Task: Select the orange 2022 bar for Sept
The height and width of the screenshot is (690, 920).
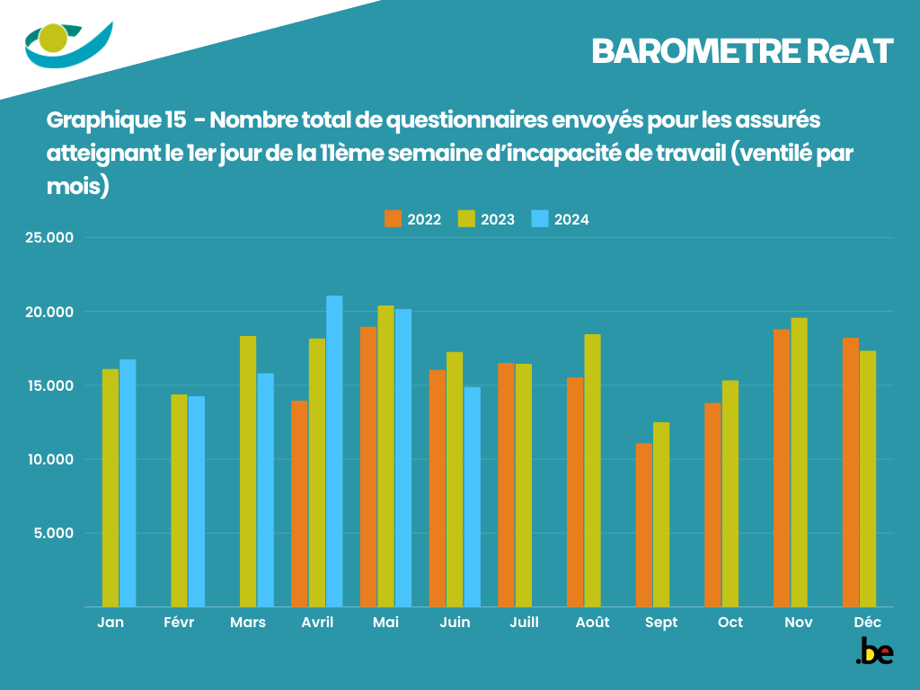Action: tap(643, 525)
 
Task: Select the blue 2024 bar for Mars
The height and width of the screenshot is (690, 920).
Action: tap(266, 490)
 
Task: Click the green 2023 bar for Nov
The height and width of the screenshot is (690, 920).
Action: tap(799, 462)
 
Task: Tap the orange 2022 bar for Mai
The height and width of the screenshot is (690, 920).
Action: tap(368, 466)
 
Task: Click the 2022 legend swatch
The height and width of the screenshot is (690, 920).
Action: tap(393, 218)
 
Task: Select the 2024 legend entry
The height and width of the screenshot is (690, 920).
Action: tap(561, 219)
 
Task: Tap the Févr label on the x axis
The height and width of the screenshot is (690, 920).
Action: tap(180, 623)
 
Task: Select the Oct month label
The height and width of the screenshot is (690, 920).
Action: tap(730, 623)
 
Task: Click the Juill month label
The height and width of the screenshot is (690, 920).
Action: tap(524, 623)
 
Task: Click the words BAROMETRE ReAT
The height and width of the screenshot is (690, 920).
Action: tap(742, 52)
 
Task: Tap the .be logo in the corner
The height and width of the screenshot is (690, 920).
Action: tap(874, 651)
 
